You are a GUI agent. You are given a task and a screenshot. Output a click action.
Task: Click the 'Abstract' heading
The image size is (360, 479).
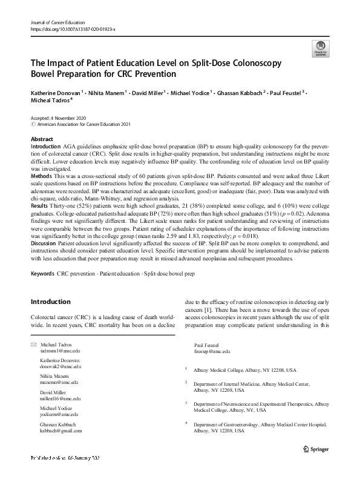click(x=42, y=139)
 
